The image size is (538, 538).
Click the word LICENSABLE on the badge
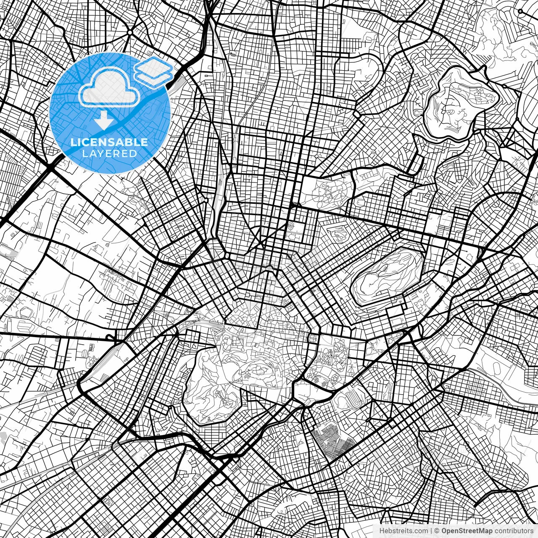pyautogui.click(x=109, y=142)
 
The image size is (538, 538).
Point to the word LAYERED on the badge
pyautogui.click(x=109, y=154)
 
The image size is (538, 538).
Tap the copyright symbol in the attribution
pyautogui.click(x=437, y=531)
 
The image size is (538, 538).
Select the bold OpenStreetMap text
pyautogui.click(x=466, y=531)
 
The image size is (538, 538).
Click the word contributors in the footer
pyautogui.click(x=513, y=531)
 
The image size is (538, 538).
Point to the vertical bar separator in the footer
pyautogui.click(x=431, y=531)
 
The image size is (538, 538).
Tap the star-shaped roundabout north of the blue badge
pyautogui.click(x=130, y=32)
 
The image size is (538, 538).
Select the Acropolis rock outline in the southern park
pyautogui.click(x=256, y=370)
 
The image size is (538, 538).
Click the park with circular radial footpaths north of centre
pyautogui.click(x=328, y=191)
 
